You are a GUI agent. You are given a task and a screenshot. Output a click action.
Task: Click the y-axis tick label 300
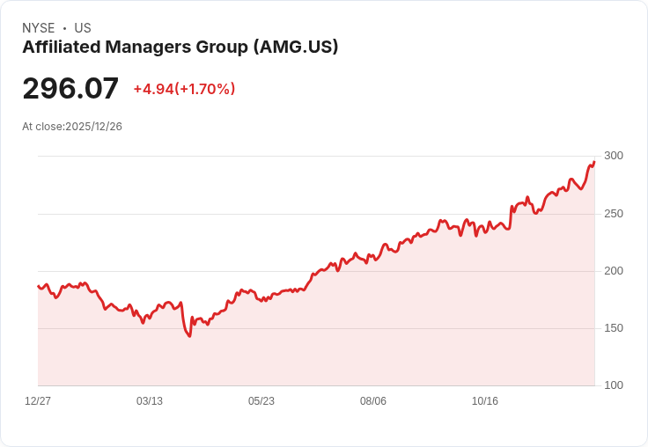pos(614,156)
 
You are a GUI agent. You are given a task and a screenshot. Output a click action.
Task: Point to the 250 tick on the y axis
pos(614,214)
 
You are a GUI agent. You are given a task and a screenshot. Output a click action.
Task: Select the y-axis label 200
pos(614,271)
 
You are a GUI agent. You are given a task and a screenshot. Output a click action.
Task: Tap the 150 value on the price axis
pos(614,328)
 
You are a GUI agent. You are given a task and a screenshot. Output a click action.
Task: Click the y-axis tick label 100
pos(614,385)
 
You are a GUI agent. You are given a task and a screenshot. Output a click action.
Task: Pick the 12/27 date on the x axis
pos(38,401)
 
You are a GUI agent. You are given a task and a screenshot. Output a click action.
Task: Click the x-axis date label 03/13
pos(150,401)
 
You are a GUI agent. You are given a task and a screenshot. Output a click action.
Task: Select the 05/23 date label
pos(261,401)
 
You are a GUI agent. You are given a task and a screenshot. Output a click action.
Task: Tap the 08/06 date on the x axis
pos(373,401)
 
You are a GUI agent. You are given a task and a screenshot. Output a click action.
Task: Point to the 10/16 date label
pos(485,401)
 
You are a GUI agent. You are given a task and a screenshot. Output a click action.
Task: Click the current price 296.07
pos(70,88)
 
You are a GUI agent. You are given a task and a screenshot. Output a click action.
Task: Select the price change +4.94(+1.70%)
pos(184,89)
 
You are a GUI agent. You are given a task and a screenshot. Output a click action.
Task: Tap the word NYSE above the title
pos(39,28)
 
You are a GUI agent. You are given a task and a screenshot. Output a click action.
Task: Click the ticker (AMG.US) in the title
pos(296,48)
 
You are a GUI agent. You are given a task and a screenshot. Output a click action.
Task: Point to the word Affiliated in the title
pos(62,47)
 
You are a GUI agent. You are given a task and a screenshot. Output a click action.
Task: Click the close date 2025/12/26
pos(94,127)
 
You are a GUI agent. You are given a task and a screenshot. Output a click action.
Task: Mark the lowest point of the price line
pos(189,336)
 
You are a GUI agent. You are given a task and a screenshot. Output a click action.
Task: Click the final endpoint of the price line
pos(594,162)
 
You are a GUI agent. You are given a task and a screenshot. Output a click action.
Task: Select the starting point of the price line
pos(38,286)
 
